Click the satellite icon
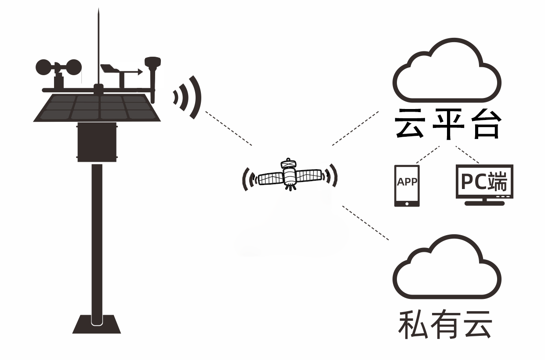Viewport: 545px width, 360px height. [x=289, y=175]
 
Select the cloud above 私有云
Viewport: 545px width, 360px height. [x=446, y=270]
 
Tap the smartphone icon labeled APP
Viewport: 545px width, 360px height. [x=407, y=185]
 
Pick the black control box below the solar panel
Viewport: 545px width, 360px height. [x=97, y=142]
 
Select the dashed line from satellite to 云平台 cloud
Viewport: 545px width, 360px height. [x=355, y=128]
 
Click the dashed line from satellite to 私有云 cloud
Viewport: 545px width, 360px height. [x=366, y=223]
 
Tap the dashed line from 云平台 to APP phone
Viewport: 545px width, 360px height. [x=427, y=154]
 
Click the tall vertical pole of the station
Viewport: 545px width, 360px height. [x=97, y=237]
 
